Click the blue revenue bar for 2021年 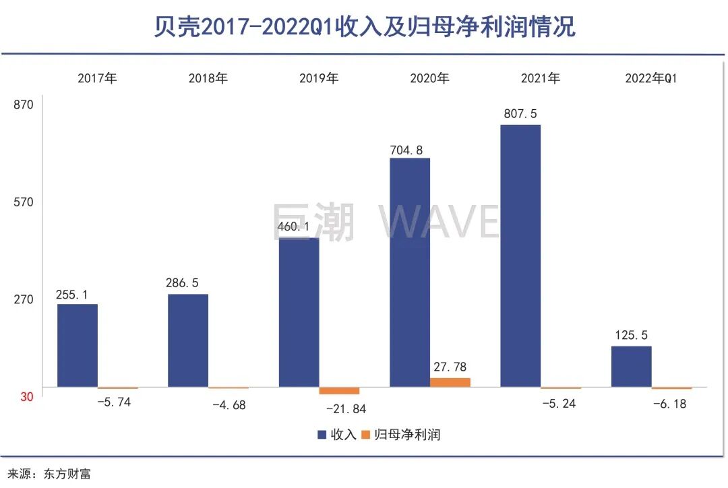click(520, 256)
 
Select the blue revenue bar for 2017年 click(78, 346)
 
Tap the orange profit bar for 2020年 click(450, 382)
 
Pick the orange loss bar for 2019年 click(339, 391)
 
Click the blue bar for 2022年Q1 click(632, 367)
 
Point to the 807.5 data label click(520, 114)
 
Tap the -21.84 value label click(346, 409)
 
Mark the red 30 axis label click(26, 397)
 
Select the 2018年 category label click(208, 78)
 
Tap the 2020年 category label click(429, 78)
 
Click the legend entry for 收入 click(337, 435)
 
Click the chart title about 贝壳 click(364, 27)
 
